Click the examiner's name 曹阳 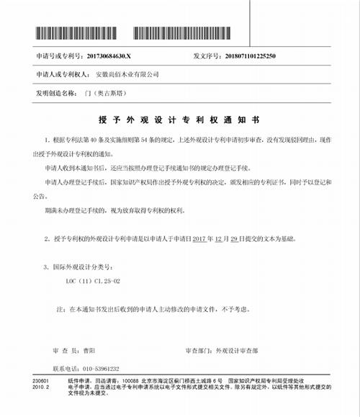90,351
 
